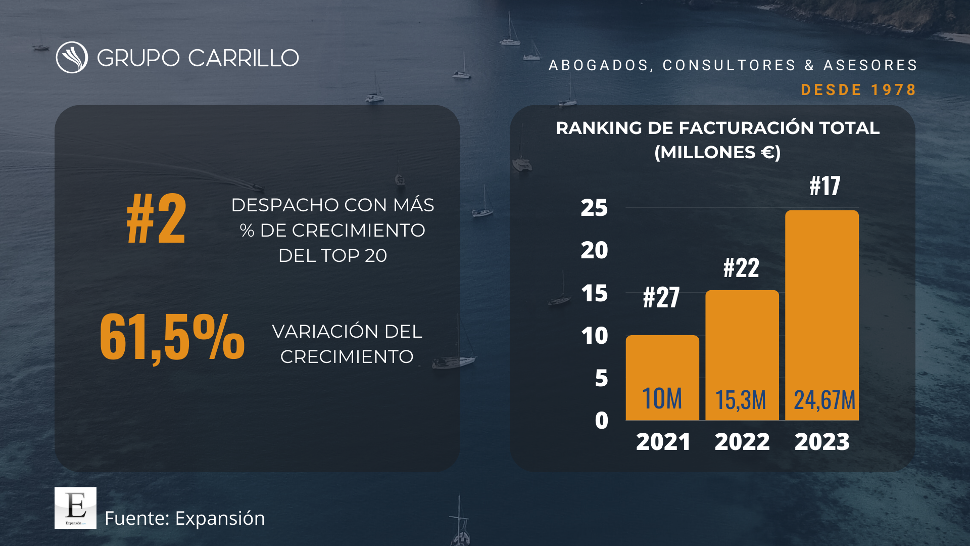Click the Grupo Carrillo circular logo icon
coord(72,58)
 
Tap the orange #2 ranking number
coord(156,219)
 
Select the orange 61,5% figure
coord(172,337)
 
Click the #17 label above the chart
coord(825,186)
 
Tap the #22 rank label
coord(741,267)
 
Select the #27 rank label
coord(661,297)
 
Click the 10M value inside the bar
coord(662,399)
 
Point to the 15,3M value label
coord(741,400)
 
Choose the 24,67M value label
coord(824,400)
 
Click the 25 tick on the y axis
coord(594,208)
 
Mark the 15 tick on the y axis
coord(594,293)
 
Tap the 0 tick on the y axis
coord(601,421)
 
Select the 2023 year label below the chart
coord(822,442)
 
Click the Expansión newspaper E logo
coord(75,508)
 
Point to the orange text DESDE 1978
coord(858,90)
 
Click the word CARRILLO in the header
coord(244,58)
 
